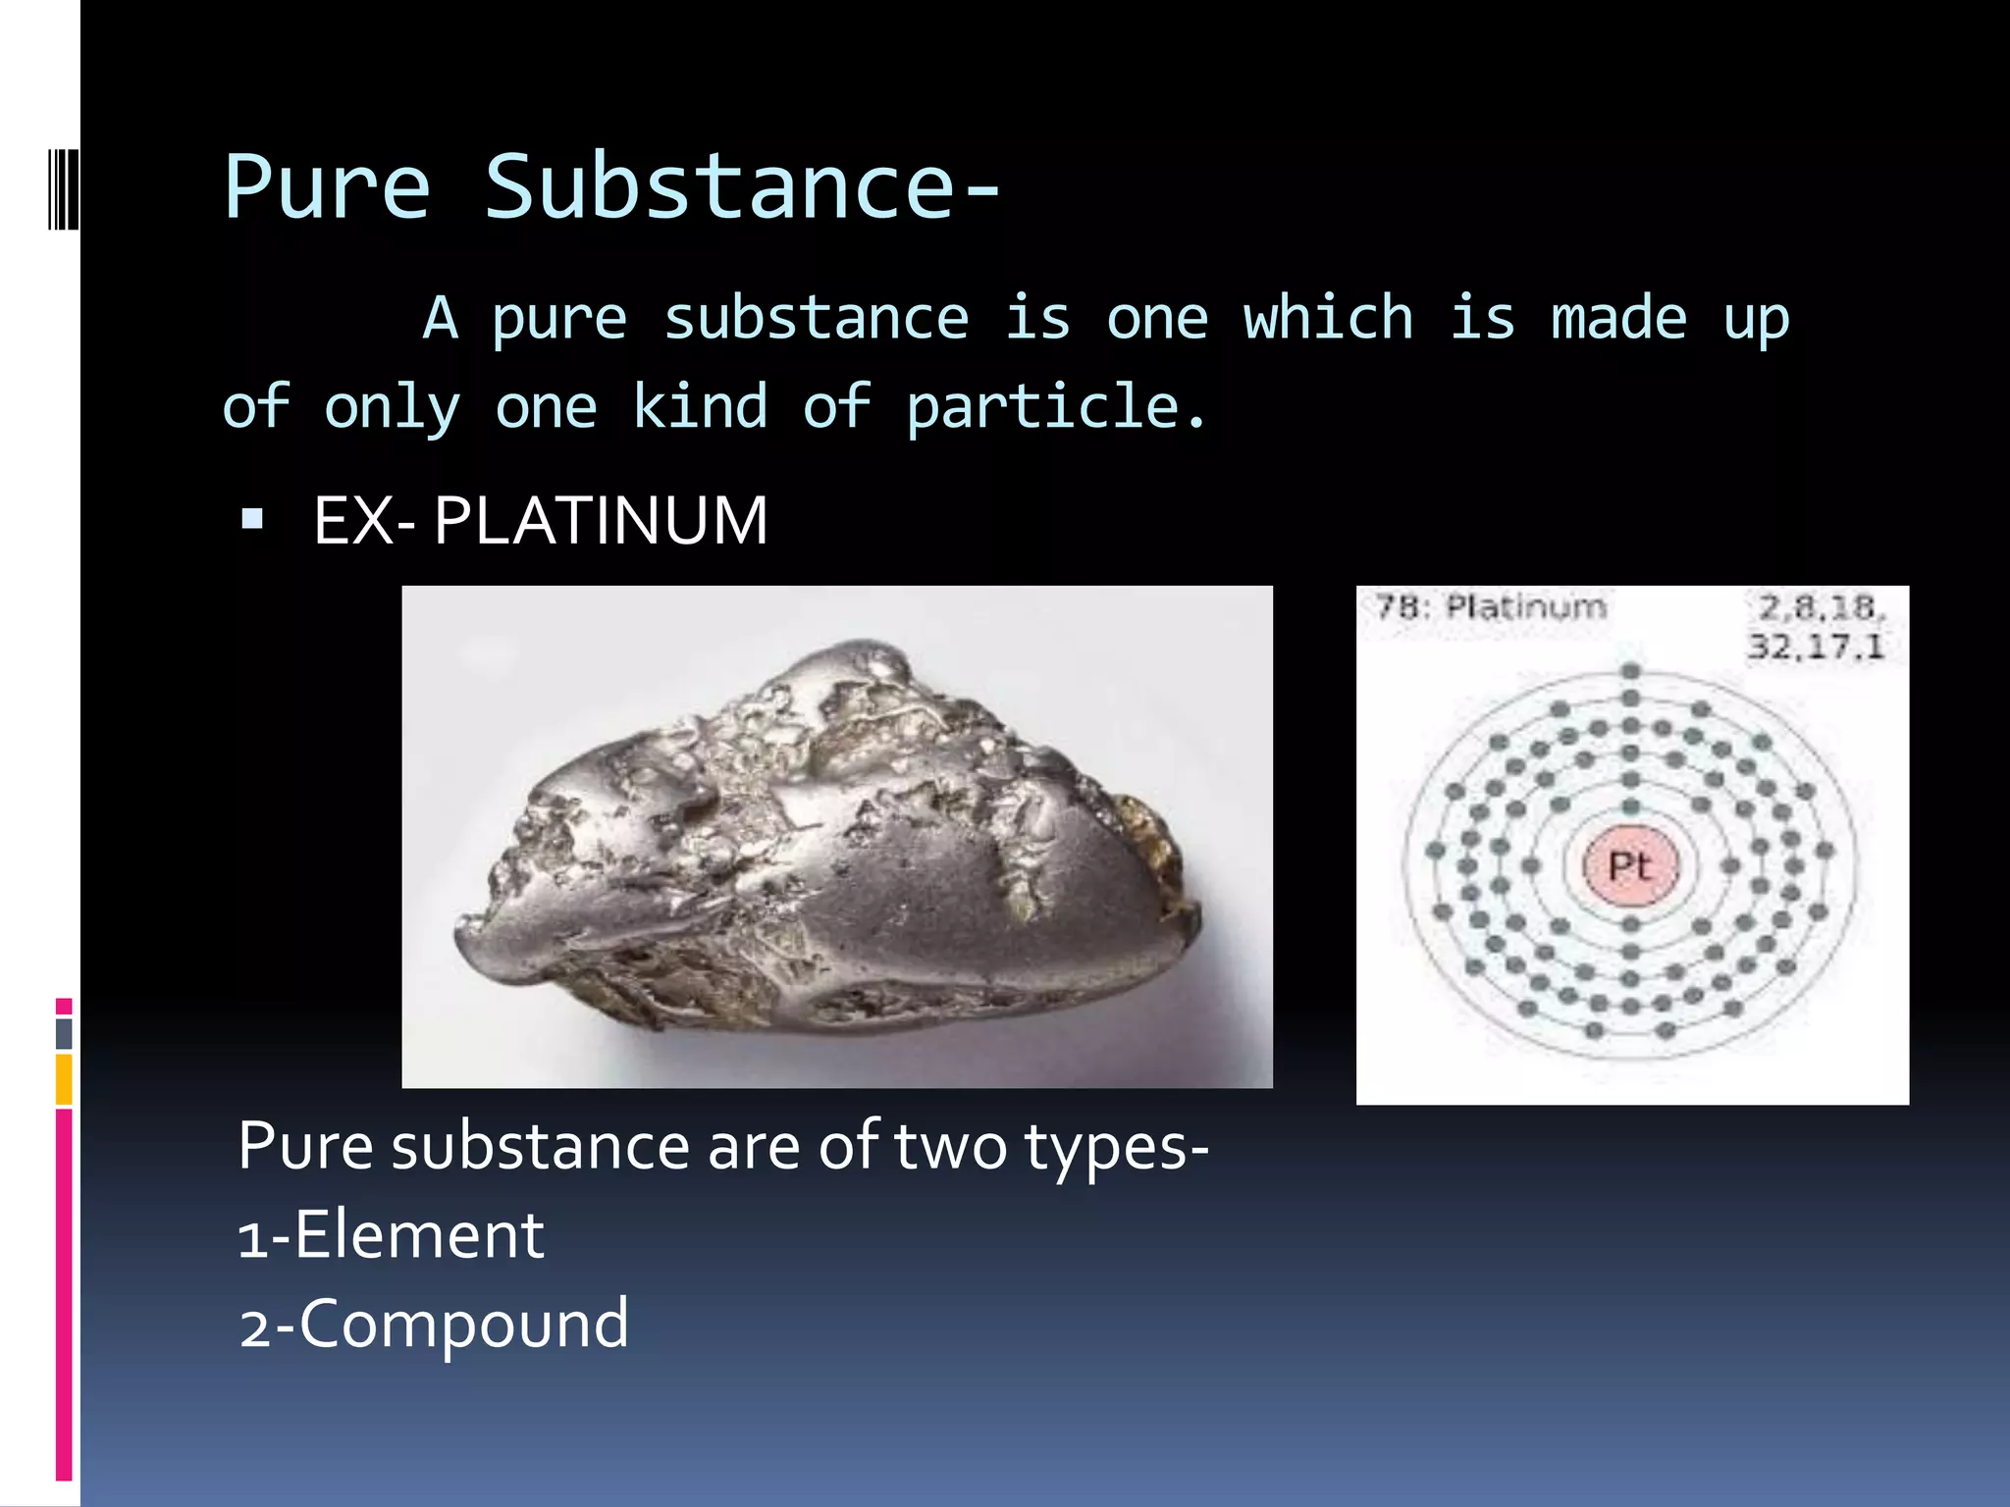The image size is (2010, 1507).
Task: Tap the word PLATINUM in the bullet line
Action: point(601,520)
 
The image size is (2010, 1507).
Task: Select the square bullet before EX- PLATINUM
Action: point(252,518)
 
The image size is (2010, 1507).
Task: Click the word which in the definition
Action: point(1328,318)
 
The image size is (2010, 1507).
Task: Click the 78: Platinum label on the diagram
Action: point(1490,606)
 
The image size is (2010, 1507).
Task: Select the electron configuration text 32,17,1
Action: point(1816,647)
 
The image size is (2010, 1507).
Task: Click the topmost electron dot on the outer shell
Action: point(1631,672)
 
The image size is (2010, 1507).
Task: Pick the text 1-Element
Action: point(391,1235)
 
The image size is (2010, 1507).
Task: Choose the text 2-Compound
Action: point(433,1325)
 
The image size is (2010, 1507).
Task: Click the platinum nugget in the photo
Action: point(824,844)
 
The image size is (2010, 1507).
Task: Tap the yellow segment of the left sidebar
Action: point(64,1078)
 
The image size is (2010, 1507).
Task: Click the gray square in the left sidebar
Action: point(64,1033)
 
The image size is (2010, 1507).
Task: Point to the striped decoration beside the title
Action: point(64,189)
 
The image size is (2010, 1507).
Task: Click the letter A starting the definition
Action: point(440,318)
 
